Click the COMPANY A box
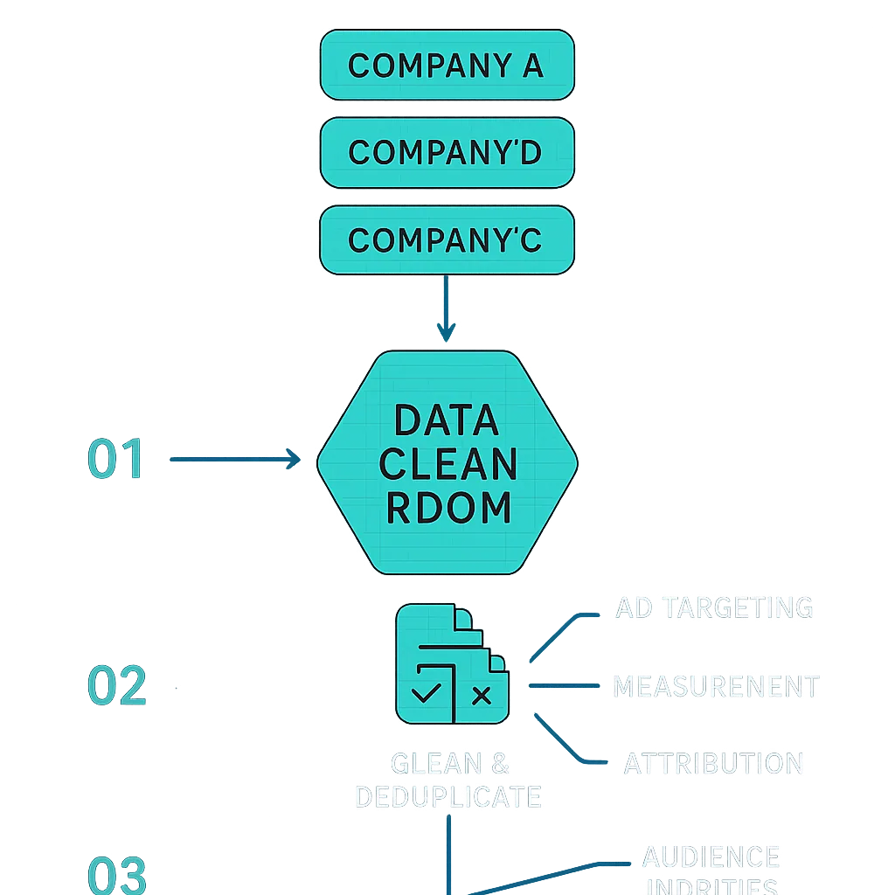tap(447, 65)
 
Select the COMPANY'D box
tap(447, 152)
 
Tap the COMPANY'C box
tap(447, 239)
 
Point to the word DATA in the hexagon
tap(447, 420)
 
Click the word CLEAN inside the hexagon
tap(447, 464)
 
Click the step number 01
tap(115, 460)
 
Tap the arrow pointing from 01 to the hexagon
tap(234, 459)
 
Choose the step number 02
tap(116, 686)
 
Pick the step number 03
tap(116, 874)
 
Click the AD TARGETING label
tap(715, 607)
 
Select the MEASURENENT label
tap(716, 686)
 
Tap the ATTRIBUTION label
tap(713, 763)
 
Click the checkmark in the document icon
tap(427, 695)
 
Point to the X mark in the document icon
tap(481, 696)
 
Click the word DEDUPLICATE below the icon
tap(447, 796)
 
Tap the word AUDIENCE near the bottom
tap(711, 857)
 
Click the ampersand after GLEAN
tap(500, 763)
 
